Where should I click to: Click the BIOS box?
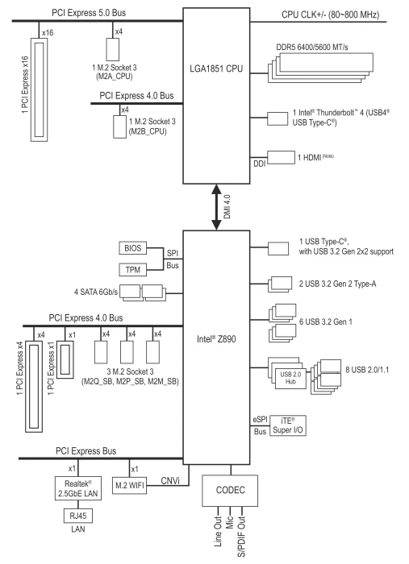[x=132, y=248]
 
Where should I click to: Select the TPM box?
[x=132, y=269]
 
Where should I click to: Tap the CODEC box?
[x=230, y=491]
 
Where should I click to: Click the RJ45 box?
[x=78, y=516]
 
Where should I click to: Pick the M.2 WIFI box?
[x=129, y=486]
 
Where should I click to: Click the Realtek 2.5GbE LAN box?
[x=78, y=488]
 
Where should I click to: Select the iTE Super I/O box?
[x=288, y=425]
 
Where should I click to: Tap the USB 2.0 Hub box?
[x=290, y=378]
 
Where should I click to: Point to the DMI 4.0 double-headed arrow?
[x=216, y=207]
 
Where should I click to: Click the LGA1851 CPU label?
[x=216, y=68]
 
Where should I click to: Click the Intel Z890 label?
[x=216, y=339]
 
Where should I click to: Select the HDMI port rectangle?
[x=281, y=158]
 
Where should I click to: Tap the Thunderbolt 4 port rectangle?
[x=278, y=118]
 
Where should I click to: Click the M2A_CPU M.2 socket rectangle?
[x=113, y=49]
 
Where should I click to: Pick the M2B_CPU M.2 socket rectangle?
[x=120, y=126]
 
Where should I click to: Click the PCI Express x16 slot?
[x=39, y=89]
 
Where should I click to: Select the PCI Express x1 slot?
[x=65, y=359]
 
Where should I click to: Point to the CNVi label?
[x=170, y=481]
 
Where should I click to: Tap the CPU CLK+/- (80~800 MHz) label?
[x=330, y=15]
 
